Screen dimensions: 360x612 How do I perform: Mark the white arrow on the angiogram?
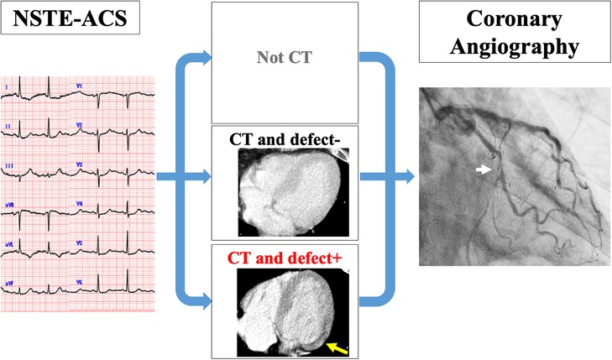coord(483,170)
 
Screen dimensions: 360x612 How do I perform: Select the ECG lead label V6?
coord(79,283)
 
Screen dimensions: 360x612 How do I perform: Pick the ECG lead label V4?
coord(79,204)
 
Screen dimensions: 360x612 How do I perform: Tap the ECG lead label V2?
coord(79,125)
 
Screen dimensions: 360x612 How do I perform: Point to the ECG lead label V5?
coord(79,243)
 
